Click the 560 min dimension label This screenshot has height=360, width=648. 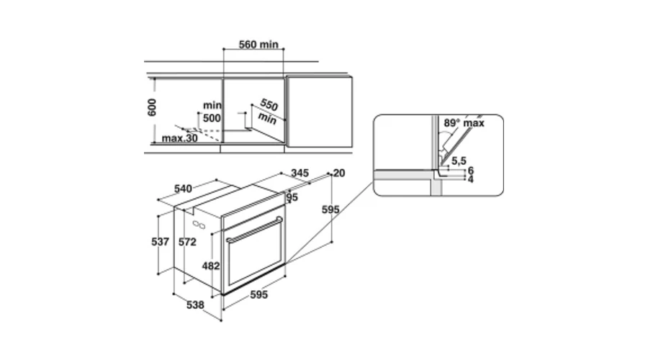(258, 44)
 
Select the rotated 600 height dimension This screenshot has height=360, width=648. (152, 107)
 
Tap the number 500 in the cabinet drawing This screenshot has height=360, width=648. (212, 118)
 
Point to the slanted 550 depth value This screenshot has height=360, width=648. (269, 104)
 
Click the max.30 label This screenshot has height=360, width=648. (179, 138)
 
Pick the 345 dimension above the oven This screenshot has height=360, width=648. (300, 173)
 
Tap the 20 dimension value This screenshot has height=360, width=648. (339, 174)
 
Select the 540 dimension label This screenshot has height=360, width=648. (183, 189)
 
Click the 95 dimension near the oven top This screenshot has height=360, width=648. (292, 197)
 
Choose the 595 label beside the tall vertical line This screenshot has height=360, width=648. (330, 210)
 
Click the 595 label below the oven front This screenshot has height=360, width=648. (258, 294)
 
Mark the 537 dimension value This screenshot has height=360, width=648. (160, 242)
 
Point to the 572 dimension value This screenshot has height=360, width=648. (187, 242)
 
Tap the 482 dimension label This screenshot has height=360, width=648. (211, 266)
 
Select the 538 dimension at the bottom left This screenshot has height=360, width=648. (195, 305)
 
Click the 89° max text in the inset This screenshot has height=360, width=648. (464, 122)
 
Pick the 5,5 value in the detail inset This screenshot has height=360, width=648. (459, 161)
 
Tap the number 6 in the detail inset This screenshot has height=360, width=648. (470, 171)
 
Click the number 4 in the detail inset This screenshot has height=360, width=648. (470, 179)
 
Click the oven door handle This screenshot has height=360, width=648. (254, 230)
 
